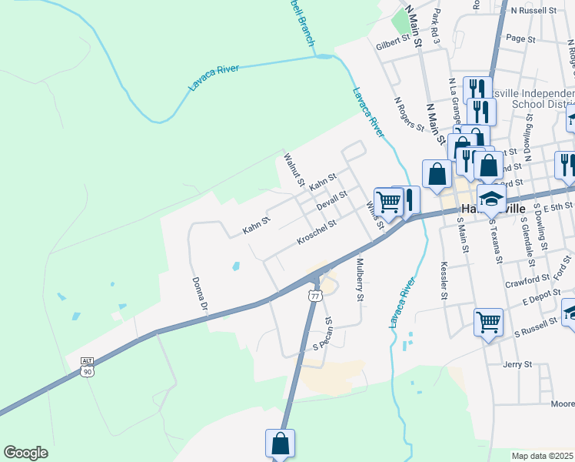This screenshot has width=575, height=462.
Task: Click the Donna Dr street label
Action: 200,293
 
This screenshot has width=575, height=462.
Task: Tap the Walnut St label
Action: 293,169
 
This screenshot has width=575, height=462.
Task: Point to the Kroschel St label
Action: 317,233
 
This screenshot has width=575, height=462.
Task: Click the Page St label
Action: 520,38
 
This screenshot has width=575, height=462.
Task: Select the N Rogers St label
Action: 408,112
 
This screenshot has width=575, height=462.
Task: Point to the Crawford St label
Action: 528,282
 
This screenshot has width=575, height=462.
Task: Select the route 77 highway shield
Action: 315,296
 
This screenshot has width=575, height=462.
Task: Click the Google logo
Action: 25,453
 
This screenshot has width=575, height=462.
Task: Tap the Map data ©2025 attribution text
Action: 543,456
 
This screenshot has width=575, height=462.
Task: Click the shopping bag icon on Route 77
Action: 280,444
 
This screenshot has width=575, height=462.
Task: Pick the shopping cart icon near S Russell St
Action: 489,322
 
